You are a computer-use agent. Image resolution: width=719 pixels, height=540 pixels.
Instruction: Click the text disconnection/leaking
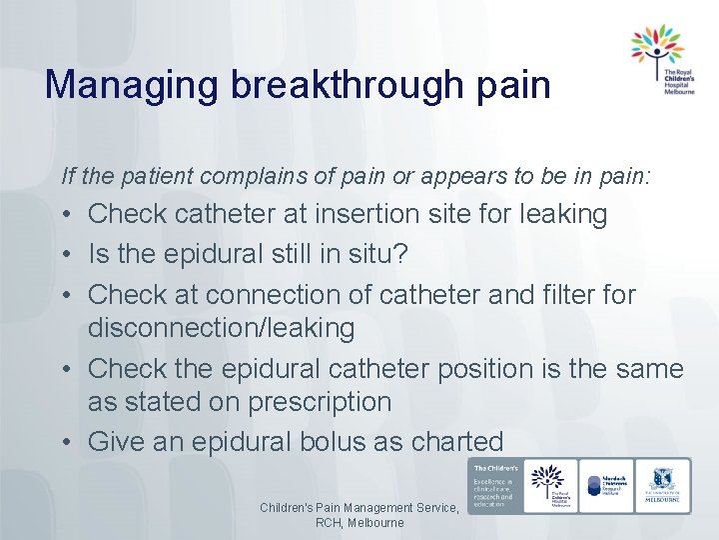click(221, 327)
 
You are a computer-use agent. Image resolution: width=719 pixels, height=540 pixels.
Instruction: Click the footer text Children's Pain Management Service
click(359, 508)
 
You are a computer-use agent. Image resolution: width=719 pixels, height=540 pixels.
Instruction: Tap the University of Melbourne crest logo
click(663, 485)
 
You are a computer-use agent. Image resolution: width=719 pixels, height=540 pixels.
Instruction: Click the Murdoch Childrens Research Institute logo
click(606, 486)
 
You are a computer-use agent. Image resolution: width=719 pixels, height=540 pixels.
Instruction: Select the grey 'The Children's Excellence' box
click(493, 486)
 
